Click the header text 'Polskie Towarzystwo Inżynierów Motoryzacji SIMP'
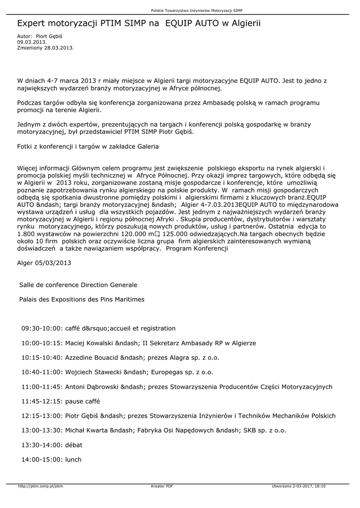pos(197,10)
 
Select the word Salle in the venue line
pos(27,285)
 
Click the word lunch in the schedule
pos(73,459)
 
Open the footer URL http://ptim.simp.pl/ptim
pos(40,486)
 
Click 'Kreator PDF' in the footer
pos(162,486)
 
